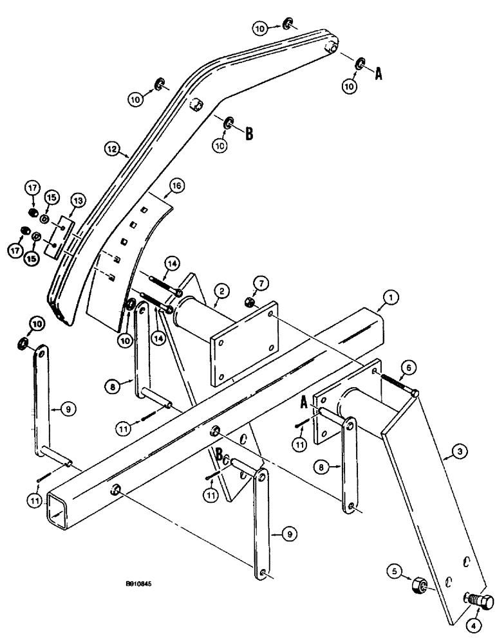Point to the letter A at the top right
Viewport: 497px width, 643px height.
click(379, 74)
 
